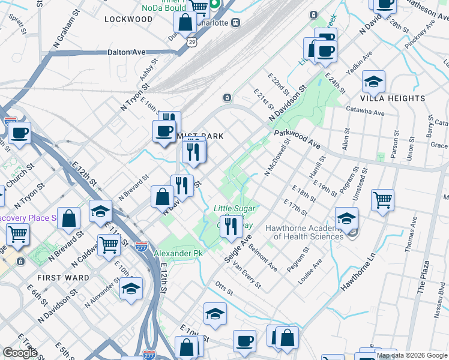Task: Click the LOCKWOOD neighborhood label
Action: coord(128,19)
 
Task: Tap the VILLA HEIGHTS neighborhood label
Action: coord(393,98)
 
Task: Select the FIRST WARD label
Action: coord(63,278)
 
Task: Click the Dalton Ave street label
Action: coord(127,52)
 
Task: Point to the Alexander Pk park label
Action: coord(178,254)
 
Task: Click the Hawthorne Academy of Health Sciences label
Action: coord(308,232)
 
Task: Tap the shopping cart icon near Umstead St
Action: coord(382,199)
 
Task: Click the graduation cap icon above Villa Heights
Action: coord(373,81)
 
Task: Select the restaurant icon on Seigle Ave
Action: coord(231,226)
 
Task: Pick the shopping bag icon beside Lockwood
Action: coord(185,23)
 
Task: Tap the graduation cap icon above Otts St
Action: coord(215,314)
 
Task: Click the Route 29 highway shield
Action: coord(191,41)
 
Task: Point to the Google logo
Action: coord(20,353)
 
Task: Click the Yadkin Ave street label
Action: coord(363,62)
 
